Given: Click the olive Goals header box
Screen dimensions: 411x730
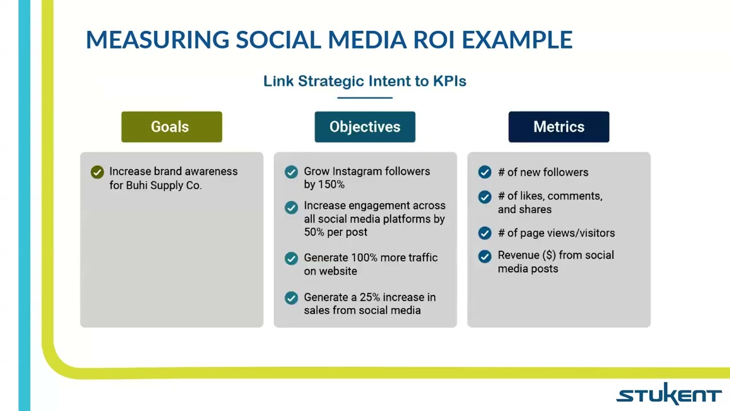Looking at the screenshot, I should coord(171,127).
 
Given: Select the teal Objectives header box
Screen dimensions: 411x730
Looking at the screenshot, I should coord(364,127).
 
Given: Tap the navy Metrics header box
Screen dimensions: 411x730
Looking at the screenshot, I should coord(558,127).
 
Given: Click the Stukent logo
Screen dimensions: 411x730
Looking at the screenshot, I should coord(668,394).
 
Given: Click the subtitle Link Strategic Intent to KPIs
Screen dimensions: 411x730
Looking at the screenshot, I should coord(364,81).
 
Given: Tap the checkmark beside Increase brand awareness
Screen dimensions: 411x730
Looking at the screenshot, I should coord(97,172).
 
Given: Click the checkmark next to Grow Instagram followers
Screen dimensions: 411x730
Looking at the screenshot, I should coord(291,172).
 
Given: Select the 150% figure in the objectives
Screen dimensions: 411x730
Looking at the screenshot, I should coord(331,185).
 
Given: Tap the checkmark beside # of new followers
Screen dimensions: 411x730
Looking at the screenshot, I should coord(485,172).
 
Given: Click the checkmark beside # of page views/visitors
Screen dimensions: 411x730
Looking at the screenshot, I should coord(485,233).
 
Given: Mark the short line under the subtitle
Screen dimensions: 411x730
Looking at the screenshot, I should coord(364,98).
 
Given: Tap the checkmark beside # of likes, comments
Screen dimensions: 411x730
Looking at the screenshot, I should coord(485,197).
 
